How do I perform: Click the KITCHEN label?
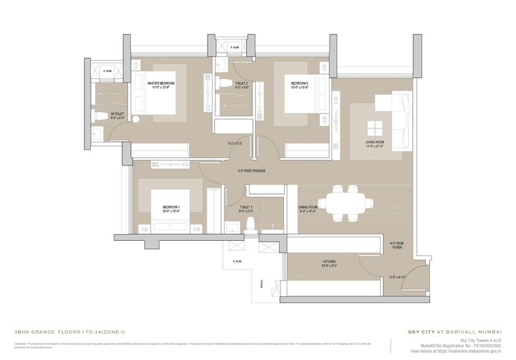pyautogui.click(x=329, y=264)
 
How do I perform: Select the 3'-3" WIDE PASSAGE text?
pyautogui.click(x=251, y=171)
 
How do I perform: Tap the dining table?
pyautogui.click(x=344, y=201)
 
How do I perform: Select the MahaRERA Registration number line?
pyautogui.click(x=464, y=346)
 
